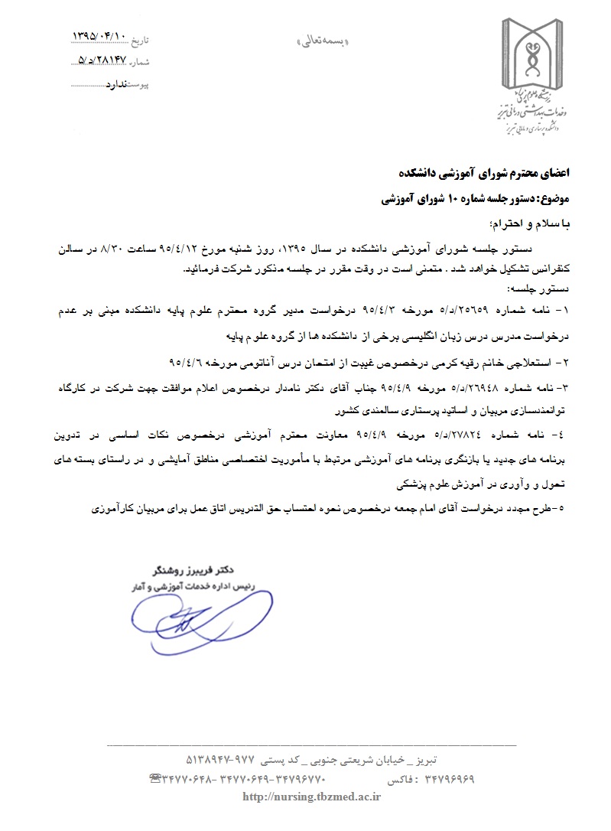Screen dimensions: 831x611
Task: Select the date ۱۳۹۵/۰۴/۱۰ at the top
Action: coord(98,36)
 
